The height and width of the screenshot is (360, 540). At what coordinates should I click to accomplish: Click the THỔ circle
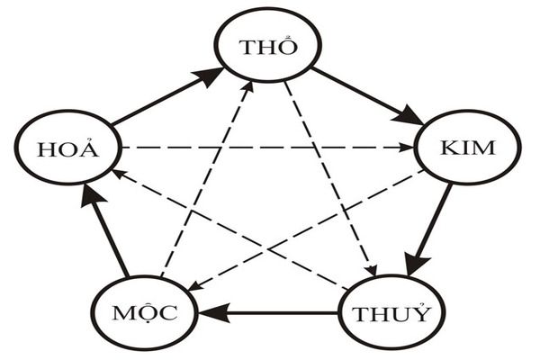click(x=268, y=49)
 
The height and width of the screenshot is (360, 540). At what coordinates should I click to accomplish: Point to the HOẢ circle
click(x=67, y=148)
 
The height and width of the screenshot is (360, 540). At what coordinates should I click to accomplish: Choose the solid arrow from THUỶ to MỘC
click(x=270, y=314)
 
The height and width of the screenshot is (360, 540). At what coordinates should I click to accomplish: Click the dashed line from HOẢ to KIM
click(x=270, y=147)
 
